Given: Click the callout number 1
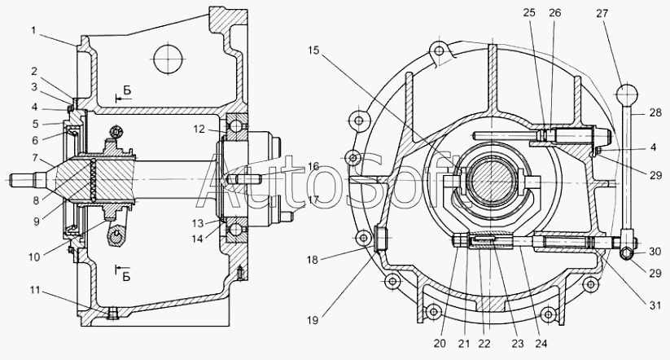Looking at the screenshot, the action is click(x=33, y=30).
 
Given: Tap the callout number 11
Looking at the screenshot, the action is click(x=35, y=291).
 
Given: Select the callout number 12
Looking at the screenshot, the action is click(x=199, y=129).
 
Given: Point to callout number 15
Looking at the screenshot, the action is click(x=313, y=50).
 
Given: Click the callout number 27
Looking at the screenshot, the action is click(x=602, y=13).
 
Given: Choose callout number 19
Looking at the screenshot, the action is click(x=313, y=320).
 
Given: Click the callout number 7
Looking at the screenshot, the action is click(x=36, y=159).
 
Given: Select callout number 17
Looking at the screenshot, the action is click(x=313, y=200).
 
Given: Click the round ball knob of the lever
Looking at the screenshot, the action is click(x=626, y=93).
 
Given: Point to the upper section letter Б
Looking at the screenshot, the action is click(x=127, y=90).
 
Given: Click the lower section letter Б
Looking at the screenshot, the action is click(x=126, y=277).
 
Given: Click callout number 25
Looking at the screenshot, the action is click(x=529, y=13).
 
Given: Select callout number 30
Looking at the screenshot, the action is click(x=655, y=252).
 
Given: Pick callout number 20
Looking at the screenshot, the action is click(x=440, y=344).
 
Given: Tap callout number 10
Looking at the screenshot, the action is click(x=34, y=257).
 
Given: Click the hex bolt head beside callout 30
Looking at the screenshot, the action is click(x=627, y=253).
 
